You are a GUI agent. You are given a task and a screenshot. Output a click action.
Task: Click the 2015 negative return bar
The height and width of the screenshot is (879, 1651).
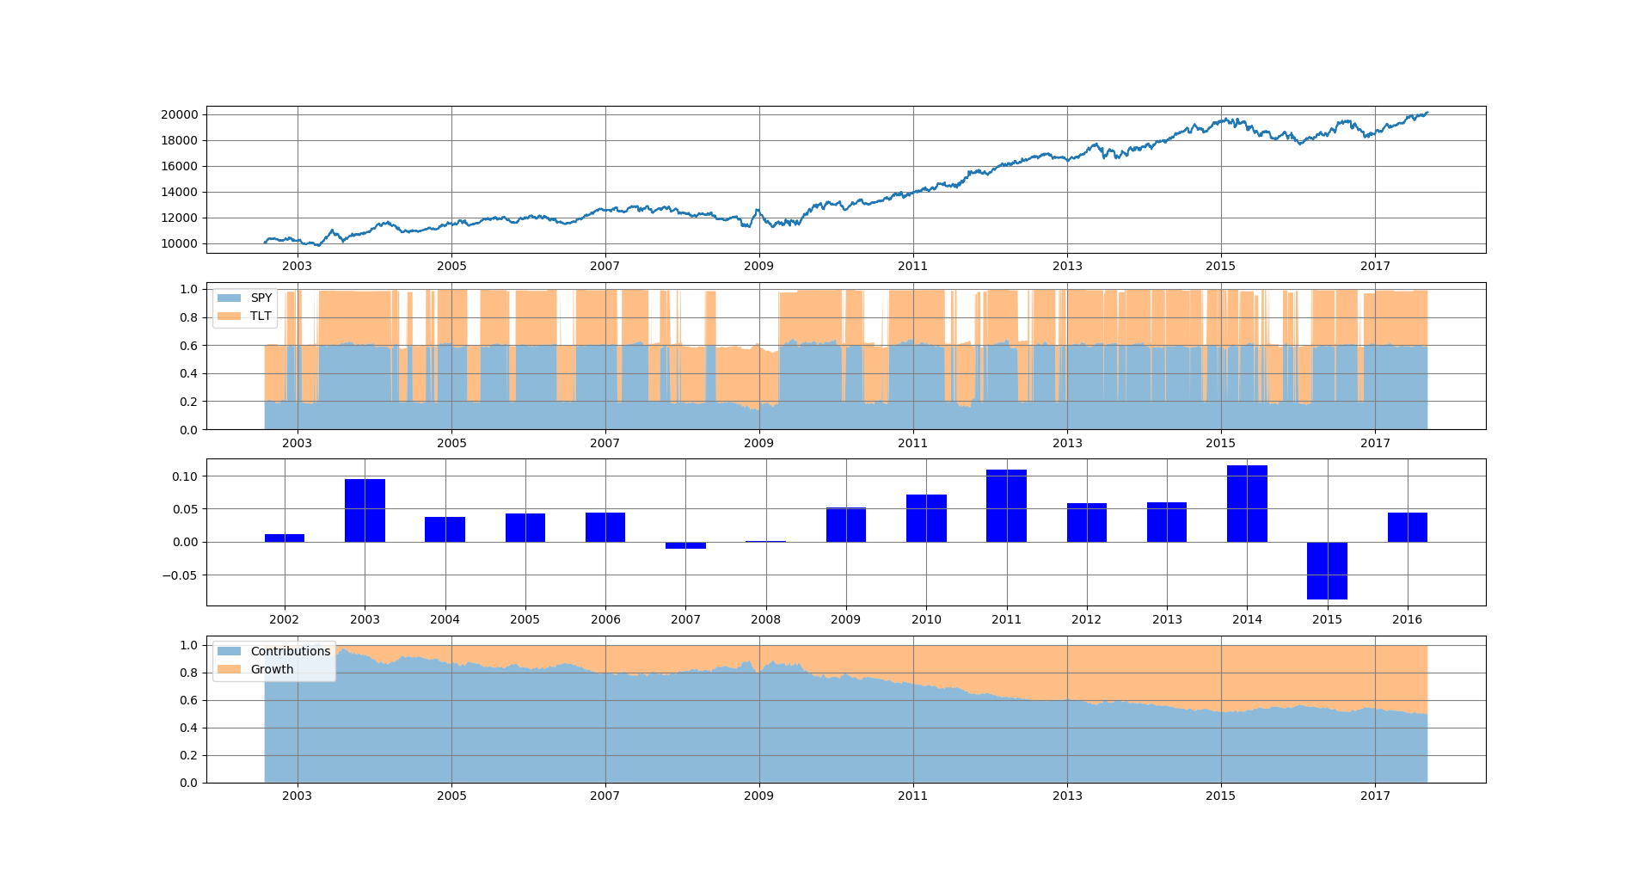click(1327, 570)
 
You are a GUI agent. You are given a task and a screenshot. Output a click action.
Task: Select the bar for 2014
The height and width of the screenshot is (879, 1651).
click(1247, 503)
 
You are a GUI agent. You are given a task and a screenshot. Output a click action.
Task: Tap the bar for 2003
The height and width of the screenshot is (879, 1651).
click(365, 510)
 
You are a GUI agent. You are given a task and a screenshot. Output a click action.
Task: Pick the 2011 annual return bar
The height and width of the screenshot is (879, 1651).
click(1006, 506)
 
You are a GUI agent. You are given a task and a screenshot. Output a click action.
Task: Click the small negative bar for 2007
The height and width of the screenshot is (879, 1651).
click(685, 545)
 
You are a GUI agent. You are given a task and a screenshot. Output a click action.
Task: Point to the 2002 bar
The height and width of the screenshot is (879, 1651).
click(285, 538)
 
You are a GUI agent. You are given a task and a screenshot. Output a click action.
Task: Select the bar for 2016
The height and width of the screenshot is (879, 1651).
click(1407, 527)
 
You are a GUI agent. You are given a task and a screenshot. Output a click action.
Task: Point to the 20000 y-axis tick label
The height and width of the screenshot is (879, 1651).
click(179, 114)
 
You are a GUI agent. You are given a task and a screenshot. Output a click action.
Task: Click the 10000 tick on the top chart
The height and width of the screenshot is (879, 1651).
click(179, 243)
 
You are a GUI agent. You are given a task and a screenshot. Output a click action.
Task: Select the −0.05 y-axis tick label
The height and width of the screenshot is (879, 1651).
click(180, 575)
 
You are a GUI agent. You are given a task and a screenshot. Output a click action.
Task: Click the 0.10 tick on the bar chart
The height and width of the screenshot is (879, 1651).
click(184, 476)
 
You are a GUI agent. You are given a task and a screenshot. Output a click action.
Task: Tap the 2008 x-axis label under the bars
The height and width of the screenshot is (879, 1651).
click(765, 619)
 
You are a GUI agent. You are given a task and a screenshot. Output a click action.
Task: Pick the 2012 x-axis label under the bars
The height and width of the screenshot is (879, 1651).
click(1086, 619)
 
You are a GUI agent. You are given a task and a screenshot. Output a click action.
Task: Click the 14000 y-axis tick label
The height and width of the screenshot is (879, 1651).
click(179, 192)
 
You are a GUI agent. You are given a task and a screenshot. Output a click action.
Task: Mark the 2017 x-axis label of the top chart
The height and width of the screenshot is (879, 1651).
click(1375, 266)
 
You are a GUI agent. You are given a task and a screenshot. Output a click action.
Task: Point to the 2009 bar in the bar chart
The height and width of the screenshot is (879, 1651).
click(846, 525)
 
